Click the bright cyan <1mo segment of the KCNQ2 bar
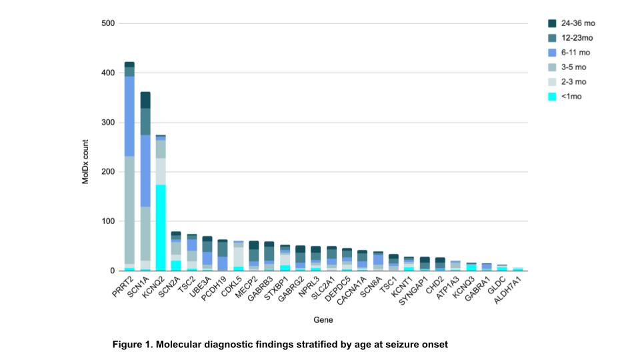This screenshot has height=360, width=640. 161,227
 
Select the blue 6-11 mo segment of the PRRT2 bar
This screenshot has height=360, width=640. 129,116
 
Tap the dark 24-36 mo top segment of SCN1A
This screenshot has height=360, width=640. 145,100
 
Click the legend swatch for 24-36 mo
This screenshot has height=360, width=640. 553,23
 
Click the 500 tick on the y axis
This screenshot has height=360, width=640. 109,24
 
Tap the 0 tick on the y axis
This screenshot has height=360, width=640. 113,271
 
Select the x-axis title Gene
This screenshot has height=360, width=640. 323,320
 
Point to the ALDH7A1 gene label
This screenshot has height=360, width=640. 507,289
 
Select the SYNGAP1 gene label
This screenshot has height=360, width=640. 414,288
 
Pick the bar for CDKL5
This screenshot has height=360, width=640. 238,256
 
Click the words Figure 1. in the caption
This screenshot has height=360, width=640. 133,345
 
